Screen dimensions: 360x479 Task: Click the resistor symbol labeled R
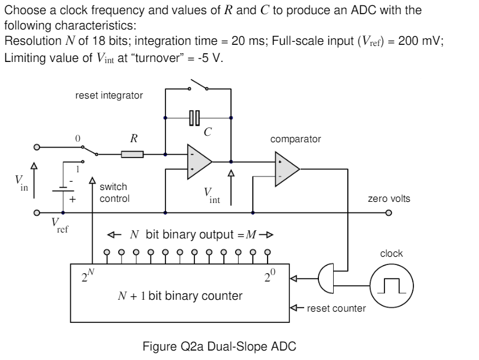tap(132, 155)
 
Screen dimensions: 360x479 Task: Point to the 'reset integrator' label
tap(109, 96)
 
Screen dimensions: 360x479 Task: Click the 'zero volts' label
tap(389, 199)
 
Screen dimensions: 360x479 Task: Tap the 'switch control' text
tap(115, 193)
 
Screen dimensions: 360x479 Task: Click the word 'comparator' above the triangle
tap(295, 139)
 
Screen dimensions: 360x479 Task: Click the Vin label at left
tap(21, 184)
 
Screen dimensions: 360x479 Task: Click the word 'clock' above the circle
tap(391, 253)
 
